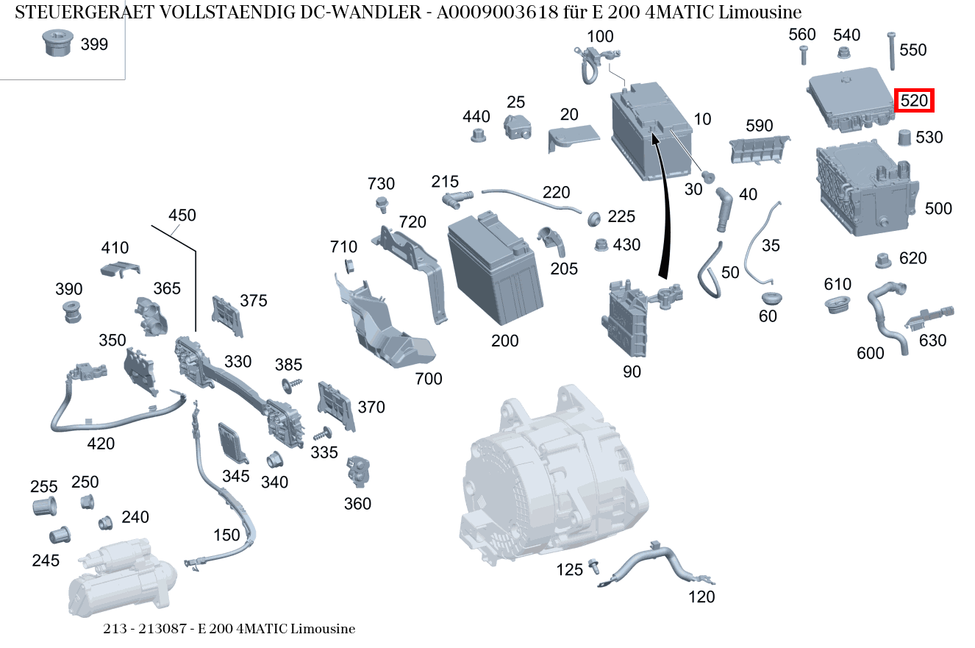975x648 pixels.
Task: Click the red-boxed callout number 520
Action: (913, 101)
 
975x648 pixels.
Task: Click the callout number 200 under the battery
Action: (504, 341)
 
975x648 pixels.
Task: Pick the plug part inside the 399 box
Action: (56, 44)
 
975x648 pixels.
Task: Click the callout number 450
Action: (182, 216)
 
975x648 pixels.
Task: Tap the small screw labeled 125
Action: (594, 566)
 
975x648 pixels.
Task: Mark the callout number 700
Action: (429, 379)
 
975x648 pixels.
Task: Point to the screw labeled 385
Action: (288, 385)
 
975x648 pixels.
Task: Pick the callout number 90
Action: (632, 372)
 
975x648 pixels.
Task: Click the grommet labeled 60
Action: (769, 299)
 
